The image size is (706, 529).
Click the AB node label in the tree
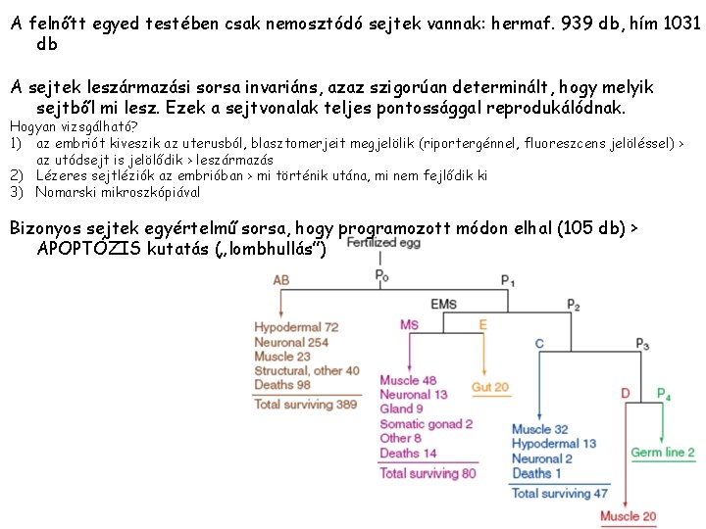click(x=281, y=280)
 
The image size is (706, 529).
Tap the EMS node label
click(x=443, y=304)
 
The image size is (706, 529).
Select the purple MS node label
click(x=409, y=324)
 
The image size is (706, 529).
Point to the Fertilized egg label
click(x=383, y=242)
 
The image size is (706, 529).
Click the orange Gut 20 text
click(x=490, y=387)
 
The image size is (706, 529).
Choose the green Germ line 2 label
click(x=663, y=453)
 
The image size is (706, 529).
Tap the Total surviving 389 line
click(x=306, y=404)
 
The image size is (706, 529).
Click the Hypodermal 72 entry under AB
click(x=296, y=326)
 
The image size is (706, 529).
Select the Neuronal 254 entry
click(x=292, y=342)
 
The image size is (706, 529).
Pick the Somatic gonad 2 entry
click(x=426, y=423)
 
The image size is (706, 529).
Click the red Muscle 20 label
click(x=628, y=516)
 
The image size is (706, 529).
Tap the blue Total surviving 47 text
click(x=559, y=493)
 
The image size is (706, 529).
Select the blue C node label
click(x=539, y=344)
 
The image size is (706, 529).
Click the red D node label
click(x=626, y=394)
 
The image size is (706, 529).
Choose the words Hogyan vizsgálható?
click(x=74, y=126)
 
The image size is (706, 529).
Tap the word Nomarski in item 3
click(x=67, y=192)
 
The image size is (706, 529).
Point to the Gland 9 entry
click(x=402, y=409)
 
